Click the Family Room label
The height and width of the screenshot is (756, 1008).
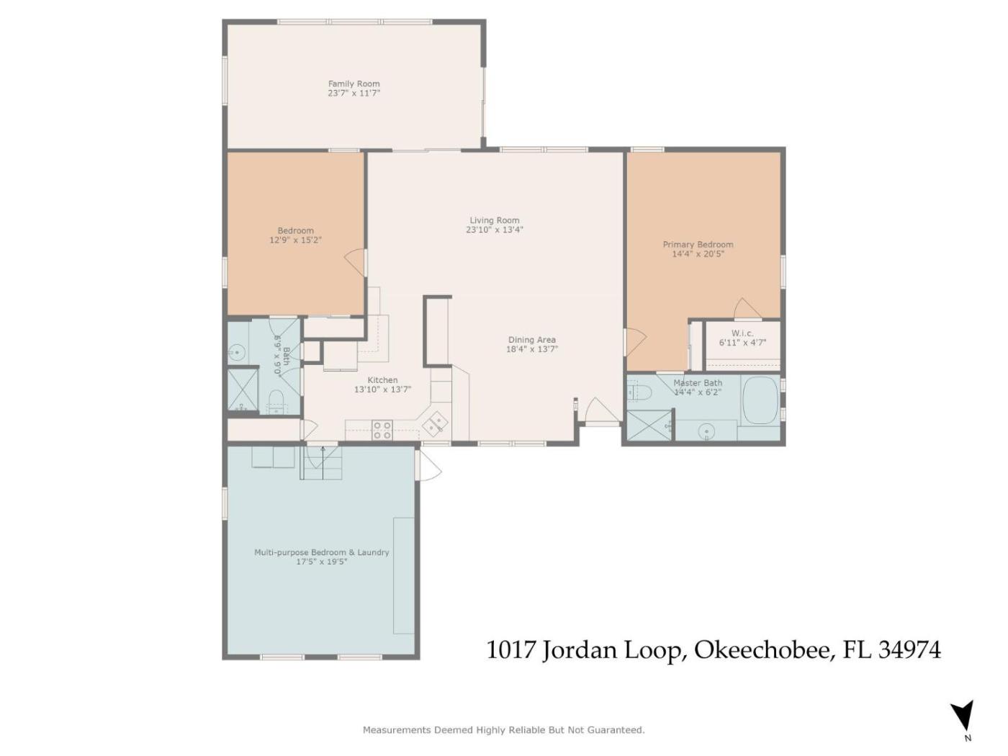(x=354, y=84)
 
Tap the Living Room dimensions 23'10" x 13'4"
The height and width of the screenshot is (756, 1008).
(x=495, y=230)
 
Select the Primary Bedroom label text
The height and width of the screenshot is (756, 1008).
(x=698, y=245)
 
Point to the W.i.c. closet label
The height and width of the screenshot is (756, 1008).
(x=742, y=333)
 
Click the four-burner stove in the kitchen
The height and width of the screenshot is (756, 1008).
(x=382, y=430)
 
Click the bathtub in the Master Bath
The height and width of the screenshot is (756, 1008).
(x=760, y=400)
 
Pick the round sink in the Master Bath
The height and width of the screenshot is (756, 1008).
(x=706, y=431)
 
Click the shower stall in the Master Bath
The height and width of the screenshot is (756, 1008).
(x=649, y=426)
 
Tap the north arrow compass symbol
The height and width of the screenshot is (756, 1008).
(x=963, y=719)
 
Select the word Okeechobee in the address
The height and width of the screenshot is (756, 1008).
(x=762, y=650)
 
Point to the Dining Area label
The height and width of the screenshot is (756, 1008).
(x=532, y=340)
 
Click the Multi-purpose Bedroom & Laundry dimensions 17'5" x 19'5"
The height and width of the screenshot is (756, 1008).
(x=321, y=562)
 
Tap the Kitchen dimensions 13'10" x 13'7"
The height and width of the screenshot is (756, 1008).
(x=382, y=390)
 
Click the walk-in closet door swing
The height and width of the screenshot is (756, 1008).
(x=746, y=308)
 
